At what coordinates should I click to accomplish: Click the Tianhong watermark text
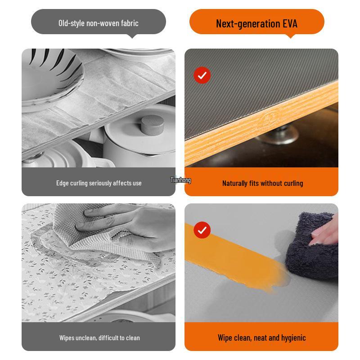coord(180,180)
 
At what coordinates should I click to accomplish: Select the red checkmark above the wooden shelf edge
coord(202,75)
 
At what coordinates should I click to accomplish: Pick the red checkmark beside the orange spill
coord(202,230)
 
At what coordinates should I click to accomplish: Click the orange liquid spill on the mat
coord(234,256)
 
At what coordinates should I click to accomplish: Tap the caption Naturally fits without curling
coord(262,183)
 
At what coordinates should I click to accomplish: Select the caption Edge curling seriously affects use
coord(99,183)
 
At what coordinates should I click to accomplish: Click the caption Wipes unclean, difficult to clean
coord(99,337)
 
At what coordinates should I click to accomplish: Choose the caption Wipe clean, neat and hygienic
coord(261,337)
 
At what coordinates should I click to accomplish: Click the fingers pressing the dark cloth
coord(323,232)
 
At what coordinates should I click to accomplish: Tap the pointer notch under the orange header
coord(290,36)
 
